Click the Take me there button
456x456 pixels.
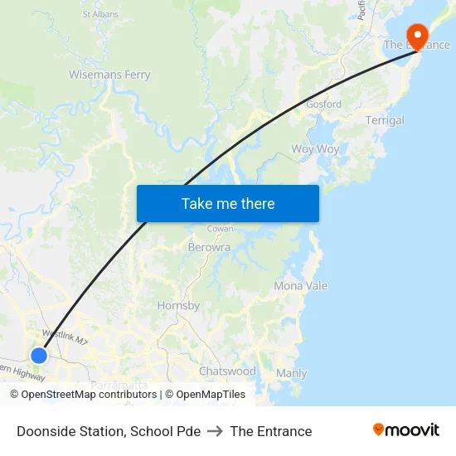pos(228,203)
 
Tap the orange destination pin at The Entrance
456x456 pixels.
pos(415,36)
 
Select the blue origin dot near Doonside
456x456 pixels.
pos(39,355)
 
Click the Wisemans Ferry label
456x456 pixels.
pos(109,75)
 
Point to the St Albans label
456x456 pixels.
pos(100,14)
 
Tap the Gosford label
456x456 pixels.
pos(323,104)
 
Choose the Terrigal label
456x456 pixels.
pos(385,120)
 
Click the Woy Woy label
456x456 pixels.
pos(315,149)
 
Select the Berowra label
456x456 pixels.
pos(210,247)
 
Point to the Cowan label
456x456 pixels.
pos(220,228)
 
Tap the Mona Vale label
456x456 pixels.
pos(300,286)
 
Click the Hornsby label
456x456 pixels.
pos(178,306)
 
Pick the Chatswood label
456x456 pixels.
pos(227,371)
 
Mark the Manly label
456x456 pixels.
pos(291,373)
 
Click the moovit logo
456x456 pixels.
pos(406,430)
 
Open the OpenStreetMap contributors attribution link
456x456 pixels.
pos(89,395)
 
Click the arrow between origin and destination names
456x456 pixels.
pos(216,431)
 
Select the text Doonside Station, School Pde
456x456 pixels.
pos(109,431)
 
